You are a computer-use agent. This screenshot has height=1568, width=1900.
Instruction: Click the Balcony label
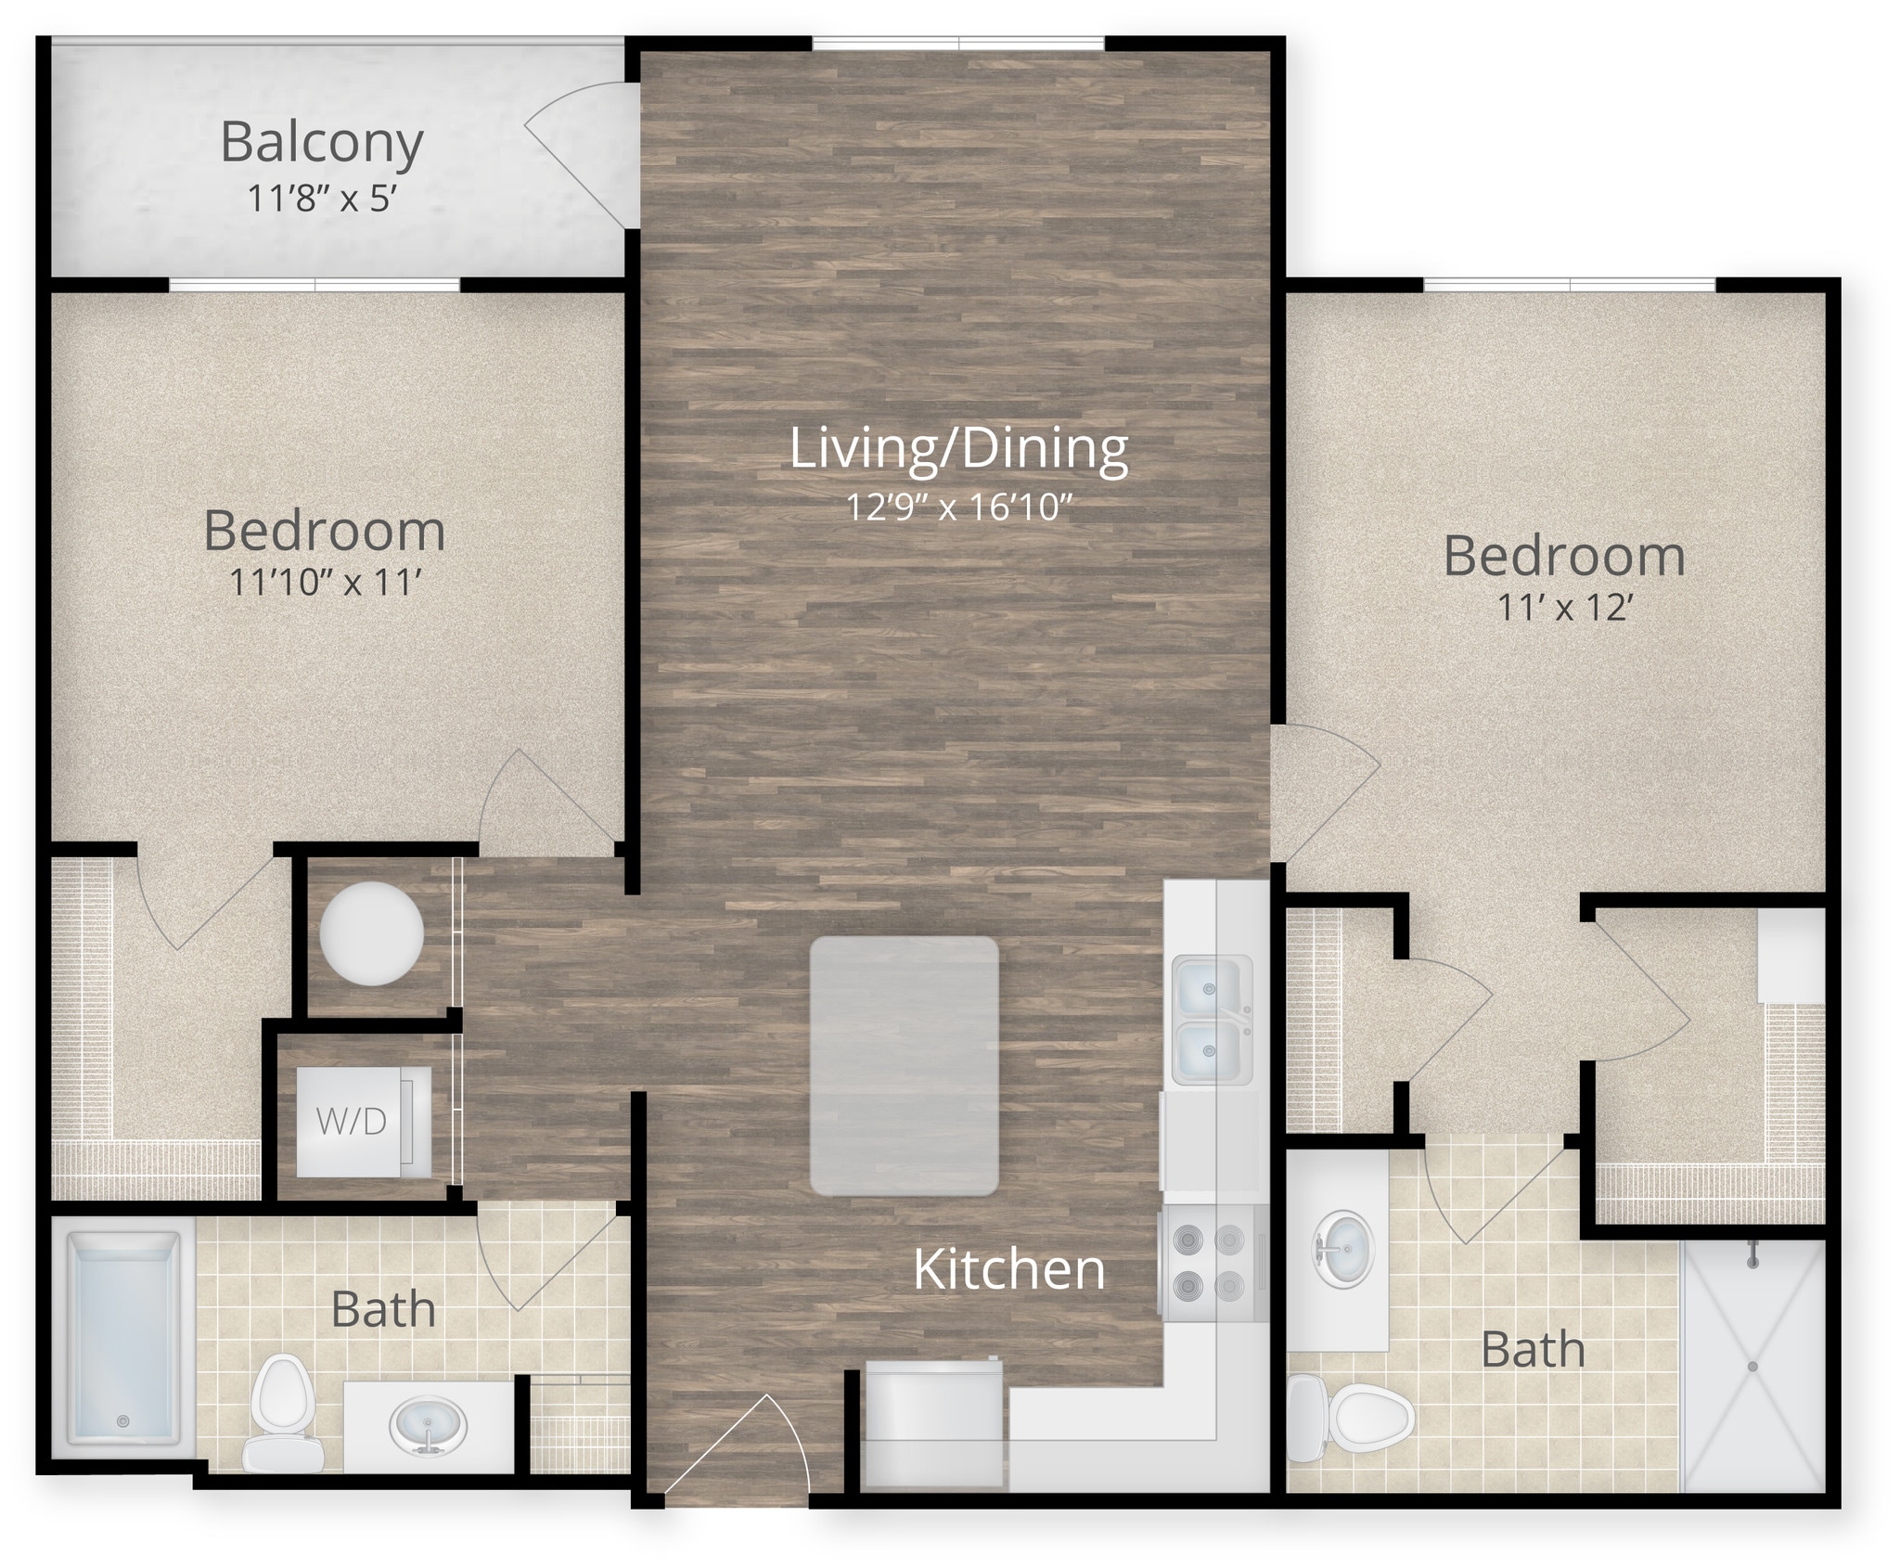322,144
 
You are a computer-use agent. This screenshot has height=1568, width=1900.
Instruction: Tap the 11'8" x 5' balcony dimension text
322,199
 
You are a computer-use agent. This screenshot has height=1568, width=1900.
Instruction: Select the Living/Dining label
958,449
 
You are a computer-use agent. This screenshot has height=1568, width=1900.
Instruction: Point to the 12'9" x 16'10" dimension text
959,508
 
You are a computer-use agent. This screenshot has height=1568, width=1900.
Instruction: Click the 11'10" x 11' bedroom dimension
326,583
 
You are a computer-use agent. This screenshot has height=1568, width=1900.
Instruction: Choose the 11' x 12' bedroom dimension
1564,608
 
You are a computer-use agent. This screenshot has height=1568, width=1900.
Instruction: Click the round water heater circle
371,933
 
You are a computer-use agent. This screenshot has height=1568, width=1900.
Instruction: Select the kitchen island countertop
904,1065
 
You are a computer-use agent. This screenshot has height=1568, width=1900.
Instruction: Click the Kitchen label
1009,1270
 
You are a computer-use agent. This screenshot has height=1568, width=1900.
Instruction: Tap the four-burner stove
1210,1262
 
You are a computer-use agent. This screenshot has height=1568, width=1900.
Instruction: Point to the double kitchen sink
1210,1020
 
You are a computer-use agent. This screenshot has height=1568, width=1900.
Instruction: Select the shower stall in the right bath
1752,1366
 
